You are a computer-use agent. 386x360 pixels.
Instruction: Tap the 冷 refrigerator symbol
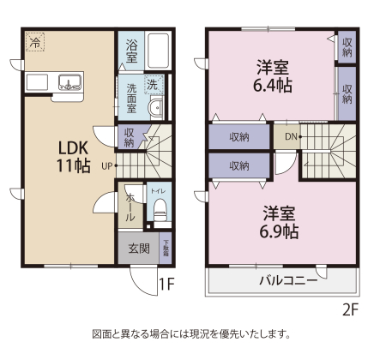tap(35, 41)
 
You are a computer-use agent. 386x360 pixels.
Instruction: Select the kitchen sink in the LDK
tap(69, 83)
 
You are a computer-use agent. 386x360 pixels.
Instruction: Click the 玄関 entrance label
tap(139, 249)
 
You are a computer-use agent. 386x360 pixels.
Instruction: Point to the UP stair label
tap(106, 166)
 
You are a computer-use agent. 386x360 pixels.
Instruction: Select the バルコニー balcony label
tap(288, 280)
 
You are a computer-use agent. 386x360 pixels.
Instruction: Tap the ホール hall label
tap(130, 208)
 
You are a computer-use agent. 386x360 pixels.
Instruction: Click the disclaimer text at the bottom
tap(192, 333)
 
